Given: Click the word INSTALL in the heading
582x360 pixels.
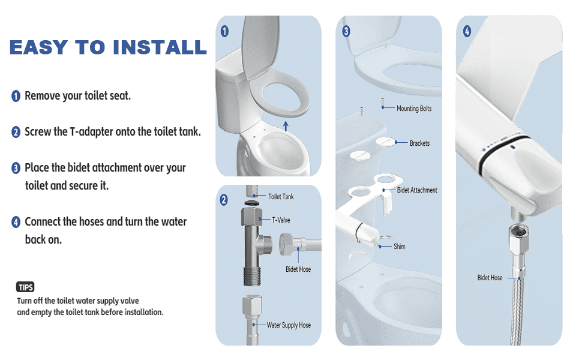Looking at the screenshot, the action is (160, 47).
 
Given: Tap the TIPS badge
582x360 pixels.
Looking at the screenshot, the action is (25, 287).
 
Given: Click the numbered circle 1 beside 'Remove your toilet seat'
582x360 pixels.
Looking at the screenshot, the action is (16, 96).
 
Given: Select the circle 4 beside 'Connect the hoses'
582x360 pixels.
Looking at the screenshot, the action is (16, 222).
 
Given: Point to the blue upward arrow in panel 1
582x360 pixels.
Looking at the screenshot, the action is (286, 126).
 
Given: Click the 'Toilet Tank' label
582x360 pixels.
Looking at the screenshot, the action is (281, 197).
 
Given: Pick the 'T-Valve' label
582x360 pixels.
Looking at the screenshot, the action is (281, 220).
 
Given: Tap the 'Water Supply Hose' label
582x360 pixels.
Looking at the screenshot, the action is (289, 325).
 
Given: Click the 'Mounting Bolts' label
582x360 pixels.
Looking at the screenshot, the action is (414, 109).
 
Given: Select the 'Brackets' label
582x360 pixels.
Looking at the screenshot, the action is (419, 143).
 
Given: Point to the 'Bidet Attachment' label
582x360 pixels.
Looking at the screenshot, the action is (417, 190).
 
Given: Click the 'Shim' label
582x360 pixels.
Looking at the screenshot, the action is (400, 247).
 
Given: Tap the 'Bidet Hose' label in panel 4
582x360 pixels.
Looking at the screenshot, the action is (490, 278).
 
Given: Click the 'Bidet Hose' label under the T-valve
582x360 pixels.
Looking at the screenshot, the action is (298, 269).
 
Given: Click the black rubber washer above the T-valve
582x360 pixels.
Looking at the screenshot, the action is (252, 203).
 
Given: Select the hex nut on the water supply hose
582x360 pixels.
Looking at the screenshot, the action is (252, 305).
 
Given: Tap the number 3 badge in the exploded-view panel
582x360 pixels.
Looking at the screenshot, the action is (346, 31).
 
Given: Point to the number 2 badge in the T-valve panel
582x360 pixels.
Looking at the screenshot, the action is (223, 200).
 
